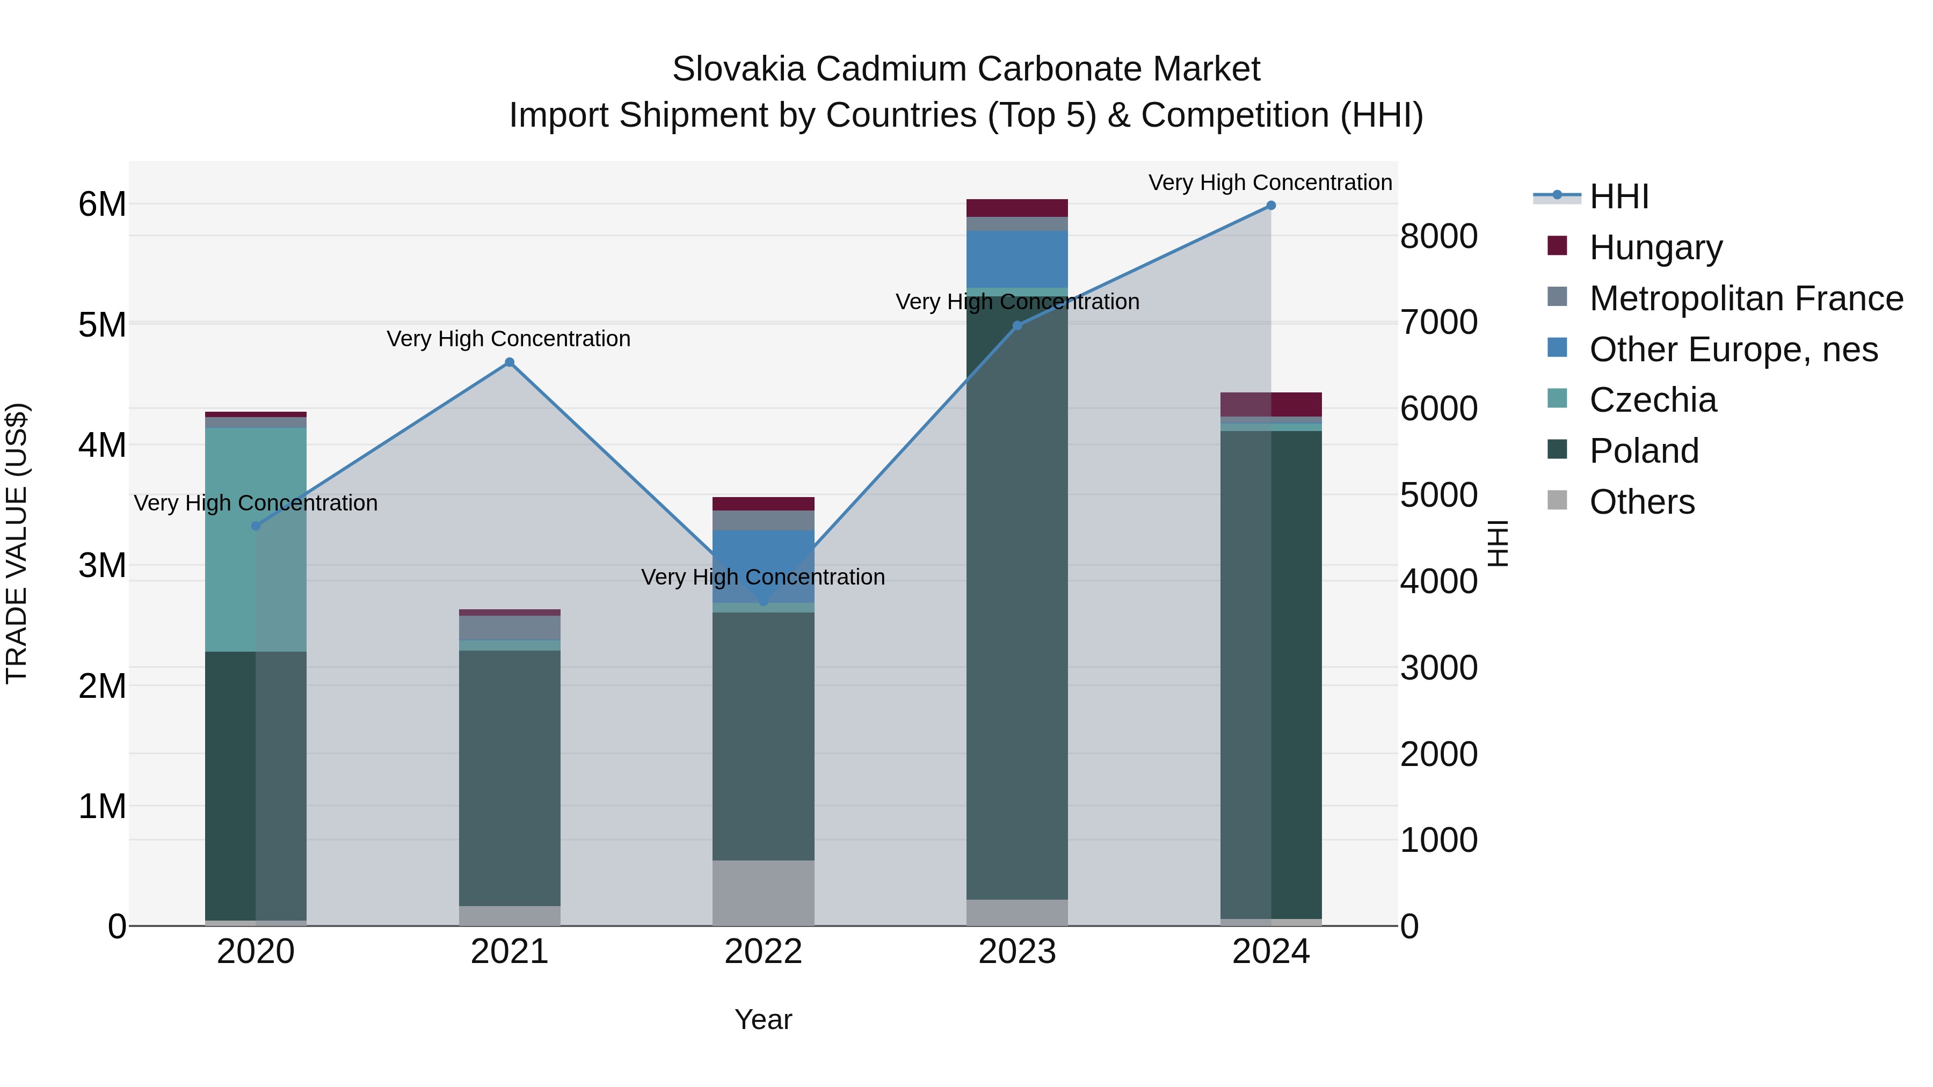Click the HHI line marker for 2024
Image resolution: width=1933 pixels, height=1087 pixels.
click(1270, 206)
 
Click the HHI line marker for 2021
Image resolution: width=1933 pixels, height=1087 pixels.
click(510, 362)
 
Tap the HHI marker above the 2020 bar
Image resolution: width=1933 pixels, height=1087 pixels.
click(256, 526)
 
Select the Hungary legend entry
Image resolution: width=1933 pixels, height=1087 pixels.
click(1655, 247)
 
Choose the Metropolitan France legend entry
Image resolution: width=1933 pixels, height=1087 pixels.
click(1746, 298)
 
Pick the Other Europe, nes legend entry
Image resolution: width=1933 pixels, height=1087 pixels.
click(1733, 349)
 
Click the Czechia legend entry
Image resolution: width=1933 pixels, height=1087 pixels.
click(1652, 400)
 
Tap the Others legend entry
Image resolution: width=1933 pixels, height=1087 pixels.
click(1642, 502)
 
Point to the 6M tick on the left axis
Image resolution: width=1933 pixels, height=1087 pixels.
click(102, 204)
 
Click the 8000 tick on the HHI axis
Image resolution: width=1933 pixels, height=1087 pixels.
click(1438, 236)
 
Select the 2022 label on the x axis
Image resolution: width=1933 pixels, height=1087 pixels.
click(763, 952)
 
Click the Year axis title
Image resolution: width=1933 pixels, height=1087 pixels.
click(763, 1019)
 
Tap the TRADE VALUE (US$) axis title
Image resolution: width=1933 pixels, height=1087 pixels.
click(17, 543)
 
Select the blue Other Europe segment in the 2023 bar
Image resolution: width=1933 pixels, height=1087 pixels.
click(1017, 259)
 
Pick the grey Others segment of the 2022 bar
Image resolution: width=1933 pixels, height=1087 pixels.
click(763, 893)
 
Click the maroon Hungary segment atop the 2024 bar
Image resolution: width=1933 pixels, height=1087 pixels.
click(1296, 404)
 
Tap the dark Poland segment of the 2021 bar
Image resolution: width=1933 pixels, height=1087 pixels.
click(510, 780)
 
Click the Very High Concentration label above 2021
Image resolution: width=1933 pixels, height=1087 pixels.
click(509, 339)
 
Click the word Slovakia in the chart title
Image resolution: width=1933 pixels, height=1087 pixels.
click(738, 69)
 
